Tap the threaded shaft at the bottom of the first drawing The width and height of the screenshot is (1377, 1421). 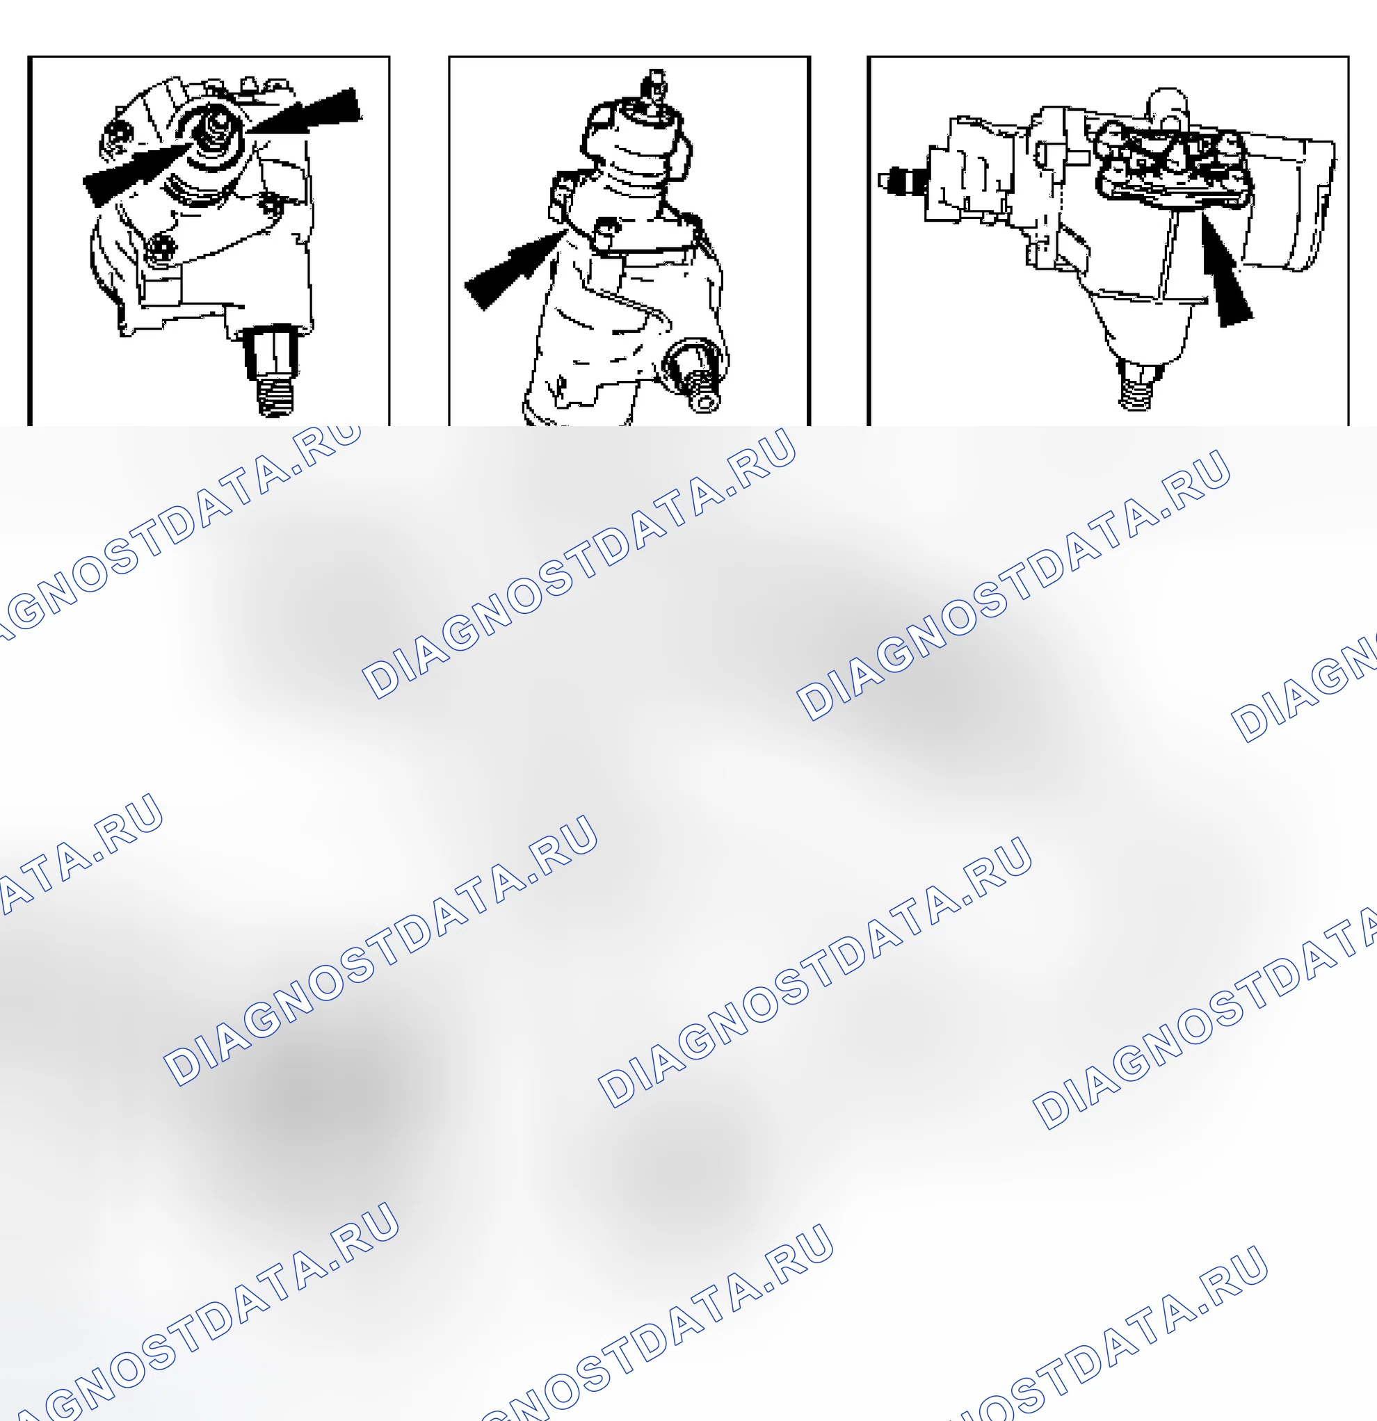(x=274, y=371)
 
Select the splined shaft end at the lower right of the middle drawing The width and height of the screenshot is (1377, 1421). (x=695, y=376)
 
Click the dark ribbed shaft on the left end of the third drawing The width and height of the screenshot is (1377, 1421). (x=903, y=181)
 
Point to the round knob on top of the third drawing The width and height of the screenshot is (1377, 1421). (x=1167, y=107)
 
